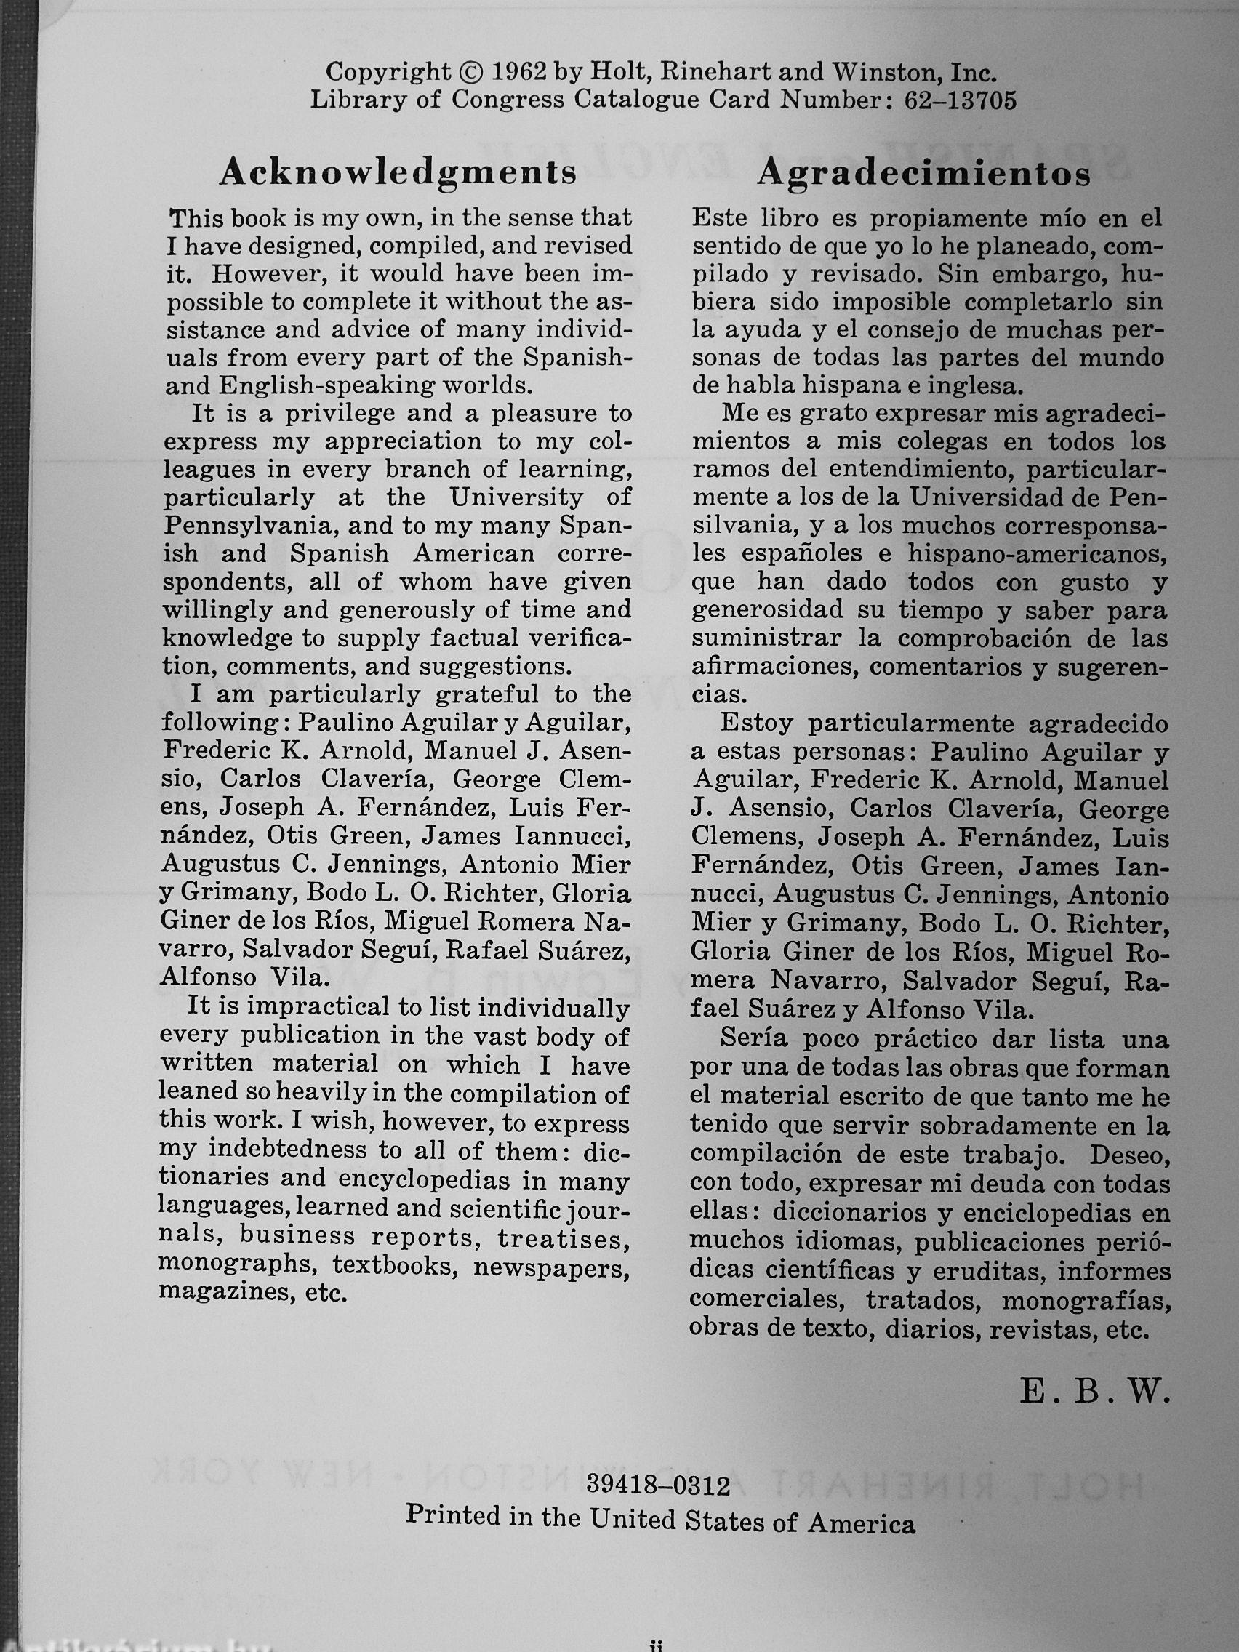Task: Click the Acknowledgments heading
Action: click(397, 172)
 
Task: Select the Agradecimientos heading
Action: click(924, 173)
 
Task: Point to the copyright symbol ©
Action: click(469, 73)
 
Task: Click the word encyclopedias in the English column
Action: click(435, 1181)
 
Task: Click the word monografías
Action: click(1084, 1302)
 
